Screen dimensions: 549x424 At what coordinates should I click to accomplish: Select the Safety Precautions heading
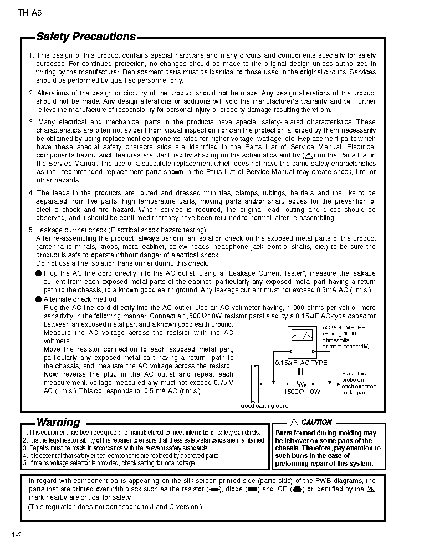(86, 37)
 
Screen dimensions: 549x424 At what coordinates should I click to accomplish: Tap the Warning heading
(58, 423)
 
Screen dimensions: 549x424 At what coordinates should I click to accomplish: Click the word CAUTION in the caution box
(316, 423)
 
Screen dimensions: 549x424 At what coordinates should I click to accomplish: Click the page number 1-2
(16, 535)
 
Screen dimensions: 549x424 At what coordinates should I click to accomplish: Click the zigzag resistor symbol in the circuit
(302, 383)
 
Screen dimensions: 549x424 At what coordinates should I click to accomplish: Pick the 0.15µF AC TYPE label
(302, 363)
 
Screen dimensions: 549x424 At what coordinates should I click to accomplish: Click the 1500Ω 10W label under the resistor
(302, 392)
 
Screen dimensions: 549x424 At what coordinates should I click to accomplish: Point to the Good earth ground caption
(264, 406)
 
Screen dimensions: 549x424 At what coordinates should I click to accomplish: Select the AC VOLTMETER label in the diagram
(344, 328)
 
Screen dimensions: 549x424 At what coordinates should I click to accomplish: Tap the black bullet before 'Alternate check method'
(38, 299)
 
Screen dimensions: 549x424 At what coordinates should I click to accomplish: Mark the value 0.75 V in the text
(222, 383)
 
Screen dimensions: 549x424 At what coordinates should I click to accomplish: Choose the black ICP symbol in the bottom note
(297, 490)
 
